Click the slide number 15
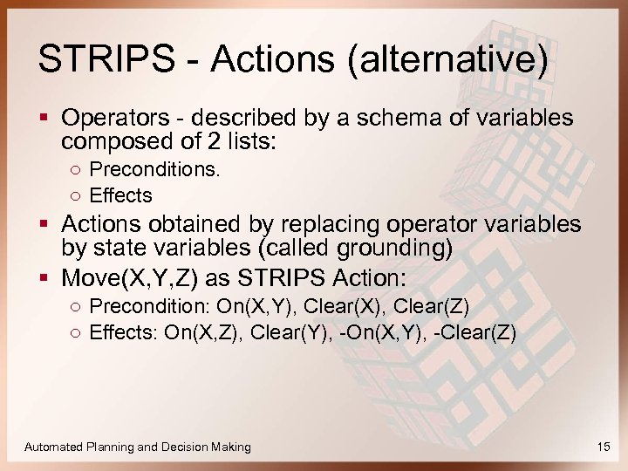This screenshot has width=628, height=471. pyautogui.click(x=604, y=447)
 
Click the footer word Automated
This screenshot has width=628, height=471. pyautogui.click(x=54, y=447)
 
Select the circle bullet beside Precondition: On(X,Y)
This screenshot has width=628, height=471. pyautogui.click(x=76, y=307)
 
